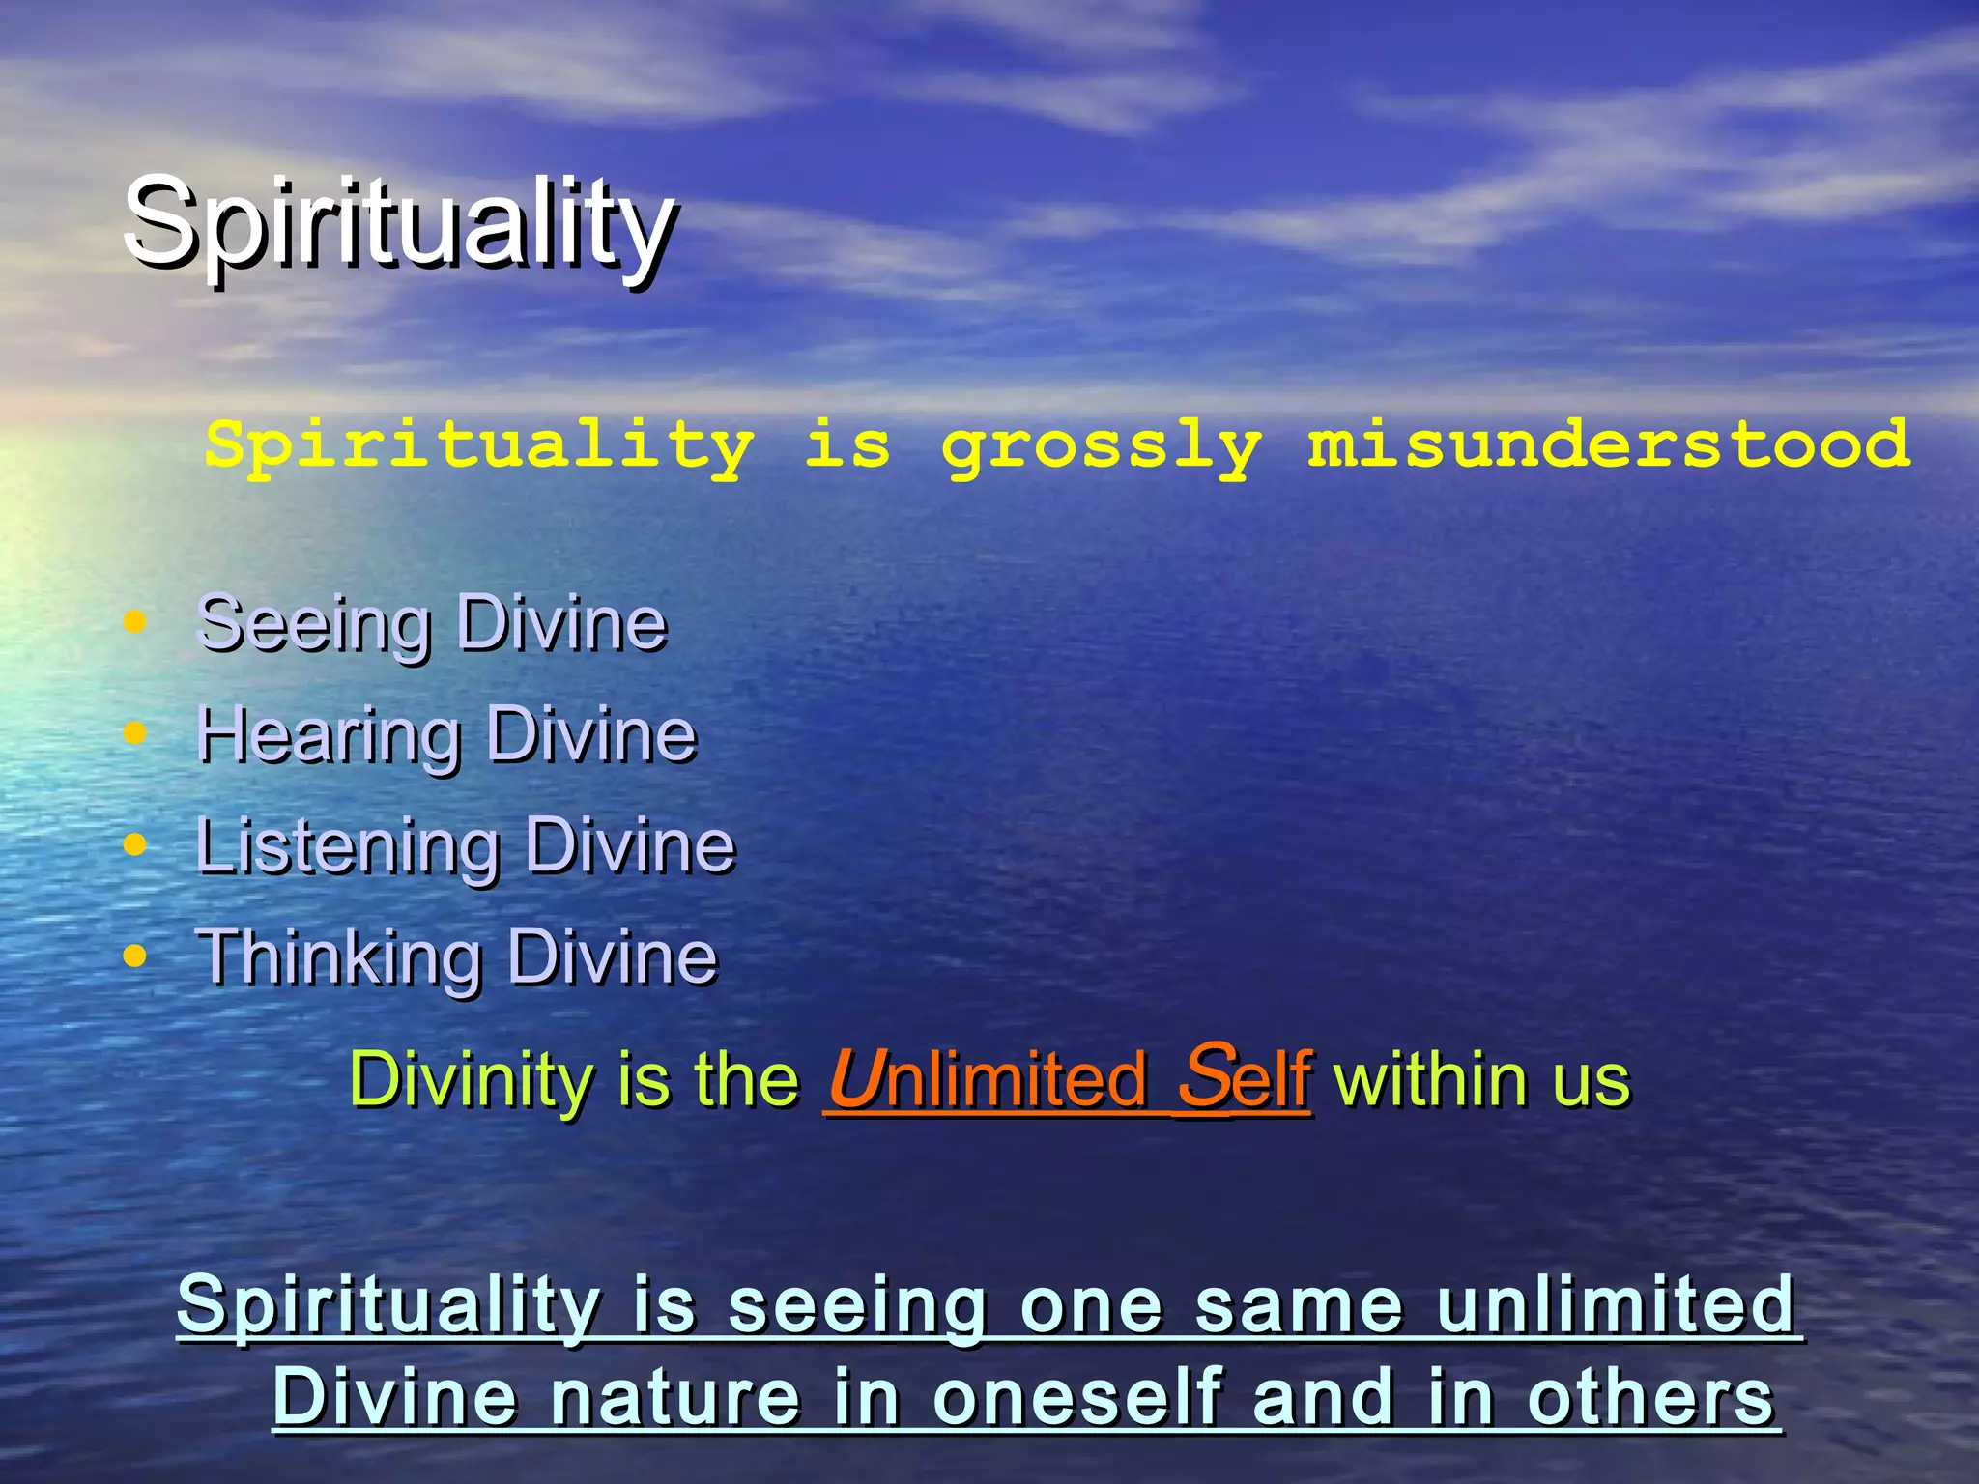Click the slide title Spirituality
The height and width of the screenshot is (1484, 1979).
[399, 225]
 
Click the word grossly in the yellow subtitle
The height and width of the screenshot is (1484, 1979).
[1102, 446]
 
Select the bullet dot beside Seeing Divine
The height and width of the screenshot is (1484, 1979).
[135, 621]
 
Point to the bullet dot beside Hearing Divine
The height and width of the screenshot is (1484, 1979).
[135, 732]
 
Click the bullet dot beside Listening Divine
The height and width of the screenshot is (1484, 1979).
[135, 844]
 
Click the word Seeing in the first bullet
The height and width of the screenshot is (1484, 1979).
[314, 624]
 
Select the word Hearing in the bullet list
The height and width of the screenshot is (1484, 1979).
[329, 736]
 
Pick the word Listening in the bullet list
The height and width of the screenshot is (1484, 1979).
[348, 847]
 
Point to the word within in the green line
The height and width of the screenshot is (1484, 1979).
[1434, 1079]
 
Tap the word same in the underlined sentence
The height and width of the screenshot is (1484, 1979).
[1299, 1305]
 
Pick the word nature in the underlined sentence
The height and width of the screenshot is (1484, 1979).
[676, 1398]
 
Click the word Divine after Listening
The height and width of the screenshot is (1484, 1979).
[630, 847]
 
